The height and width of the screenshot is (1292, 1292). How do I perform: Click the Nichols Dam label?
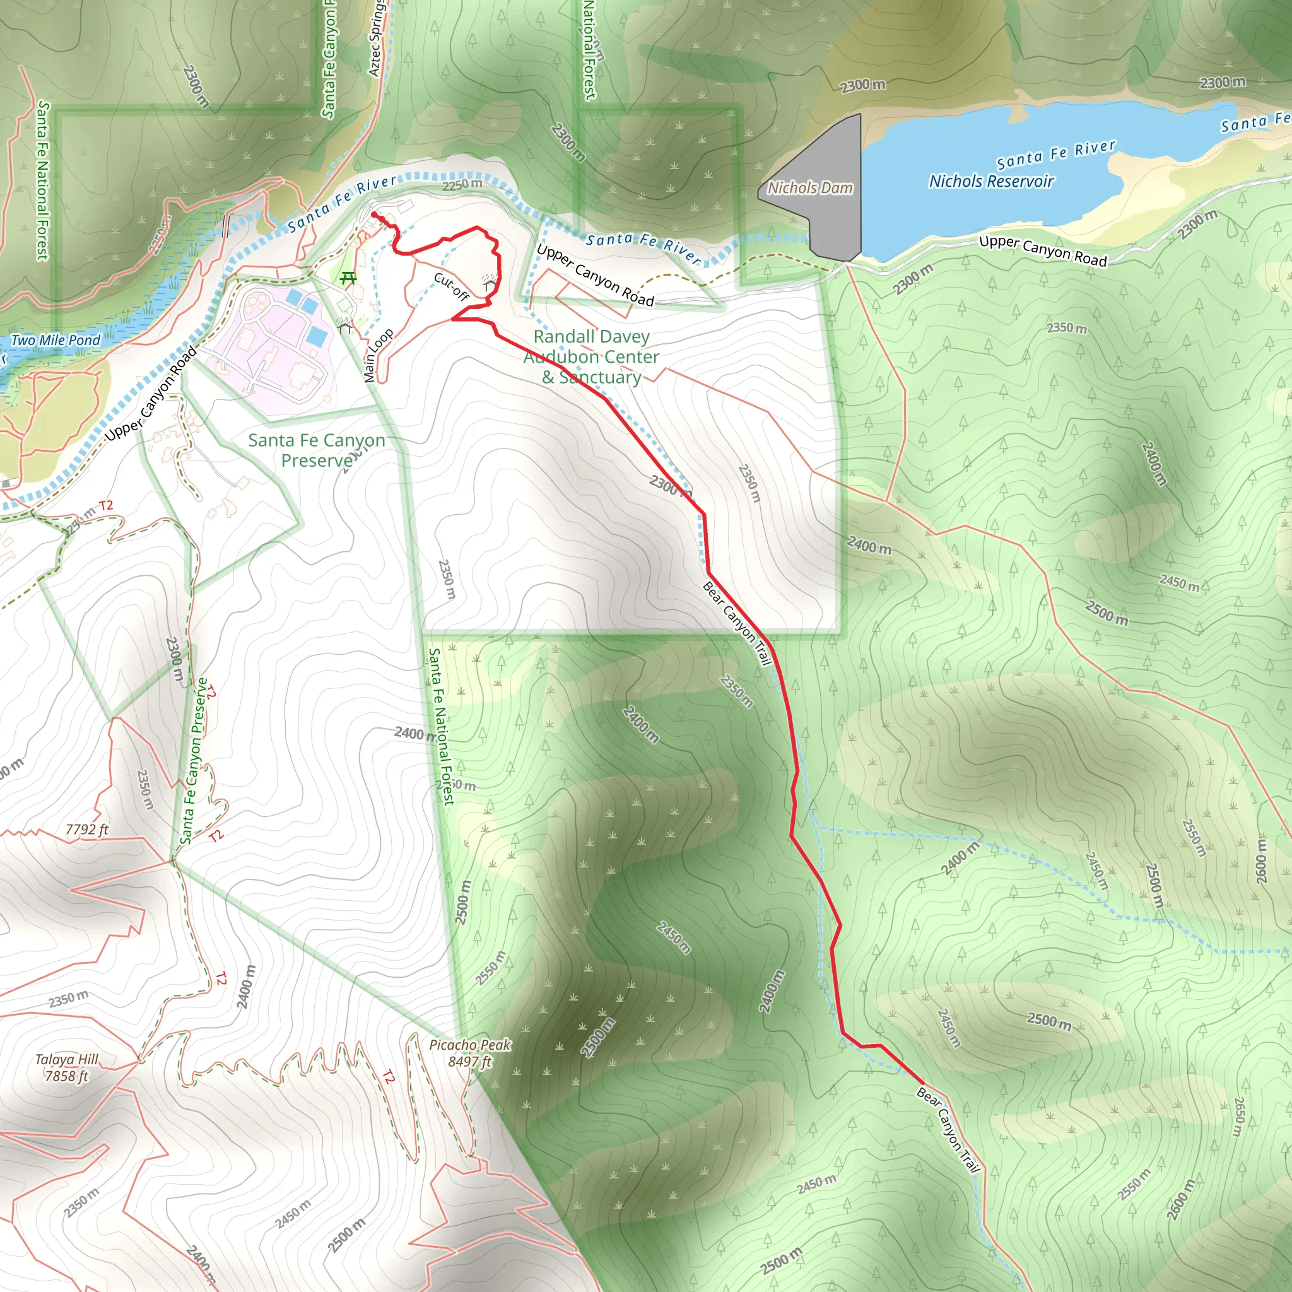[810, 188]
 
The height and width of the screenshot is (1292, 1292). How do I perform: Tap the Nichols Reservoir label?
[991, 181]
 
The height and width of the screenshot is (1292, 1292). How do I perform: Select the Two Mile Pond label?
[56, 341]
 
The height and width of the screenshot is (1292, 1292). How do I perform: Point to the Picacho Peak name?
[469, 1045]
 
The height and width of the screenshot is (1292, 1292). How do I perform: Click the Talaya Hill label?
[66, 1059]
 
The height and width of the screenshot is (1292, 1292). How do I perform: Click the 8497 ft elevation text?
[469, 1061]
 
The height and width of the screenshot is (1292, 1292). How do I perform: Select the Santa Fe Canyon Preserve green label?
[316, 450]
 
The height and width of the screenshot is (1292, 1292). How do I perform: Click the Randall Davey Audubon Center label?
[591, 356]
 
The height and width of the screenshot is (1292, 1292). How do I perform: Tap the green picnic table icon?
[348, 278]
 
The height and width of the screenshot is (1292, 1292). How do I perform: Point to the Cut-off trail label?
[452, 287]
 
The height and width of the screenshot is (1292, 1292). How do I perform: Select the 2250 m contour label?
[462, 185]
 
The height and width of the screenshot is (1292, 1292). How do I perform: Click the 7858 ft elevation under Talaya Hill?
[66, 1076]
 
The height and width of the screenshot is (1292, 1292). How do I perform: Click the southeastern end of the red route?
[922, 1082]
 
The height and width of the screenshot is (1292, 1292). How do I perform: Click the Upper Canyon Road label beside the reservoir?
[1043, 251]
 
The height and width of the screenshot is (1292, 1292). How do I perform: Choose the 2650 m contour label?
[1238, 1116]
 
